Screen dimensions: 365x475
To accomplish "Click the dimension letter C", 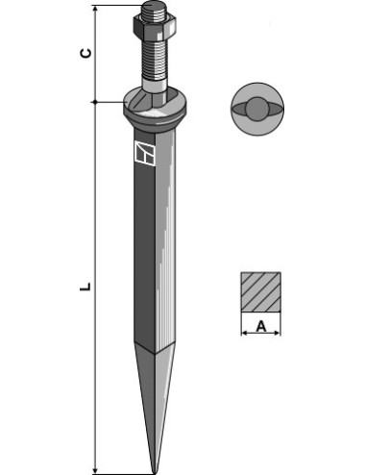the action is point(85,53).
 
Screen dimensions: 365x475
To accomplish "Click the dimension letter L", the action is point(85,287).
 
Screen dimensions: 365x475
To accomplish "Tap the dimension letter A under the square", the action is point(261,327).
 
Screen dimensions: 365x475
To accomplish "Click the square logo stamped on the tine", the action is point(145,153).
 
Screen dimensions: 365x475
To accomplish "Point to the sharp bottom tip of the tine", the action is point(155,472).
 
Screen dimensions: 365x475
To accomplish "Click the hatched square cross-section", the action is point(261,292).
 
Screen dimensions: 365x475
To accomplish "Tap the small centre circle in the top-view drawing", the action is point(257,110).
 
